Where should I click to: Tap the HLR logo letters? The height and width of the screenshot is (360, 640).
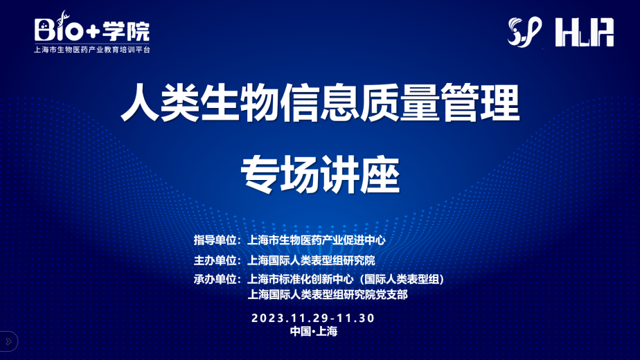click(x=585, y=33)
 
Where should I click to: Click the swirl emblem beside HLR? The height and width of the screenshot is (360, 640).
click(x=525, y=32)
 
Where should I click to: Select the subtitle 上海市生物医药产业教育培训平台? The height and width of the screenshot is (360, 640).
click(x=92, y=49)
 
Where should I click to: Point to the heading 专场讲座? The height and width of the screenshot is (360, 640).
click(x=321, y=174)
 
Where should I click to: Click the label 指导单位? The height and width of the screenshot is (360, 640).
click(x=215, y=240)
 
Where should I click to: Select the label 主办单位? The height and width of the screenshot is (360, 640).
click(x=215, y=260)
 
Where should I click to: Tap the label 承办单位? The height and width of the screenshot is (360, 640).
click(x=215, y=279)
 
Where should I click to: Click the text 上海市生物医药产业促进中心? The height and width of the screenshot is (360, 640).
click(x=317, y=240)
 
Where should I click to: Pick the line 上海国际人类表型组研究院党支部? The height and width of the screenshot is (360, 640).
click(x=328, y=295)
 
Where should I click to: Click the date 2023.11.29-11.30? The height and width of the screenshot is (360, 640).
click(x=313, y=318)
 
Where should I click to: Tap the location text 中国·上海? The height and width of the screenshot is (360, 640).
click(x=314, y=331)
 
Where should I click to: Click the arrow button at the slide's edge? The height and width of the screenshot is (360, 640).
click(x=8, y=341)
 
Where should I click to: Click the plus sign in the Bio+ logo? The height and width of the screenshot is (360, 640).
click(x=94, y=32)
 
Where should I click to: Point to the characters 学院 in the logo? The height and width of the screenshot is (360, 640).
click(x=126, y=31)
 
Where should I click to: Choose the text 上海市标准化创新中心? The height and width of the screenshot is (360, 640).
click(x=301, y=279)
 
